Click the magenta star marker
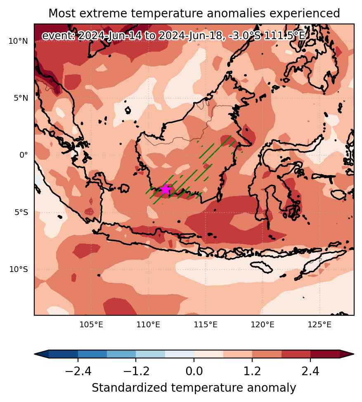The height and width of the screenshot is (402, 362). coord(166,189)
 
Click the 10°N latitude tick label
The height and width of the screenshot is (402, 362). coord(18,41)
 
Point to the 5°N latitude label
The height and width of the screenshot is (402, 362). coord(21,98)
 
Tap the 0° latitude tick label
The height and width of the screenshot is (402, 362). coord(24,155)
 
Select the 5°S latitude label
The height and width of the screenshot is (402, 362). coord(21,212)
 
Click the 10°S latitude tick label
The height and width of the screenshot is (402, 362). coord(19,270)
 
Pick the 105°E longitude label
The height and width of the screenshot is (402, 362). coord(91,325)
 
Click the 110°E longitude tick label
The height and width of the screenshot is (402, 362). coord(148,325)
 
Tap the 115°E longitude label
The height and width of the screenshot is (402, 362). coord(206,325)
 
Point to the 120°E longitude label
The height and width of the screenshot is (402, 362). coord(263,325)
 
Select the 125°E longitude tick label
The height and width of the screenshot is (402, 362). coord(319,325)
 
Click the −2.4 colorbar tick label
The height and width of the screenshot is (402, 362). coord(78,371)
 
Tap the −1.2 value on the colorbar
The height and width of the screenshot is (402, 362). coord(136,371)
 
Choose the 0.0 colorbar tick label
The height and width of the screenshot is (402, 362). coord(194,371)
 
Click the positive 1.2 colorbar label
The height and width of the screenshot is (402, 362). coord(252,371)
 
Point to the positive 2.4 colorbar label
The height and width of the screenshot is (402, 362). coord(310,371)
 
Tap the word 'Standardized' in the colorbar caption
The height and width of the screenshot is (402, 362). coord(130,388)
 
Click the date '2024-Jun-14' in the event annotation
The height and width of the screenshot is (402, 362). coord(109,35)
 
